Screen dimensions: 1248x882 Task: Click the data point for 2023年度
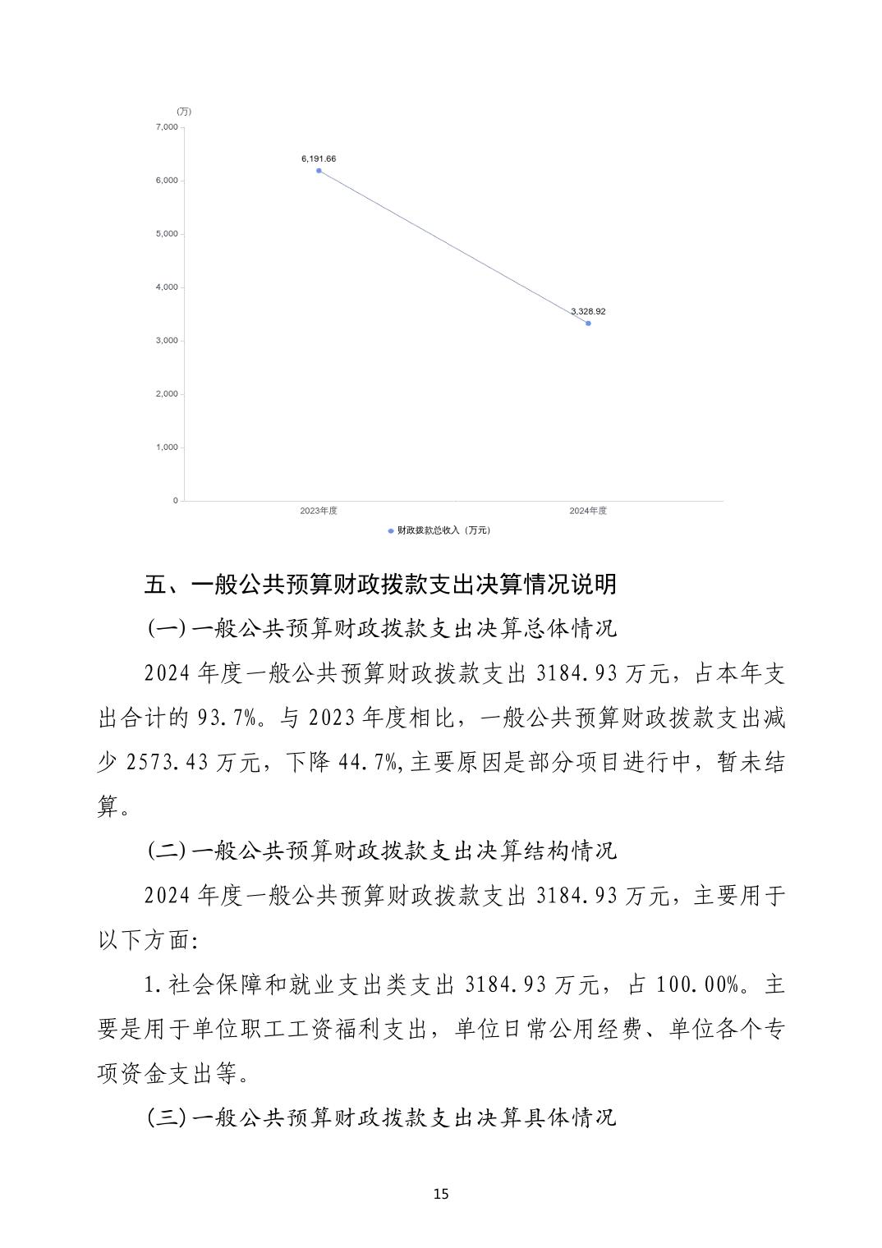tap(319, 171)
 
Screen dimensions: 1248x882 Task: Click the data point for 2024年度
tap(588, 323)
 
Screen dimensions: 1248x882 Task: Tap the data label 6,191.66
tap(319, 158)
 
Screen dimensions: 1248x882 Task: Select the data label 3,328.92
tap(588, 311)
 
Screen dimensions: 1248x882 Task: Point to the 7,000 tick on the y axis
tap(166, 127)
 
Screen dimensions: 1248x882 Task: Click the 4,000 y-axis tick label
tap(166, 287)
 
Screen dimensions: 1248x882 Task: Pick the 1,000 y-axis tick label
tap(166, 447)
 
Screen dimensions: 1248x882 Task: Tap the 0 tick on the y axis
tap(175, 501)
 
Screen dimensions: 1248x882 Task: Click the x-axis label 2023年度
tap(319, 511)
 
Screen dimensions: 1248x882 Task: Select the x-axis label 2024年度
tap(588, 511)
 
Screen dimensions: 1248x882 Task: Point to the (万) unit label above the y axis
tap(184, 112)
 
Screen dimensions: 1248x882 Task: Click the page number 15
tap(441, 1194)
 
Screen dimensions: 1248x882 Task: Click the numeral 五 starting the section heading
tap(156, 585)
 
